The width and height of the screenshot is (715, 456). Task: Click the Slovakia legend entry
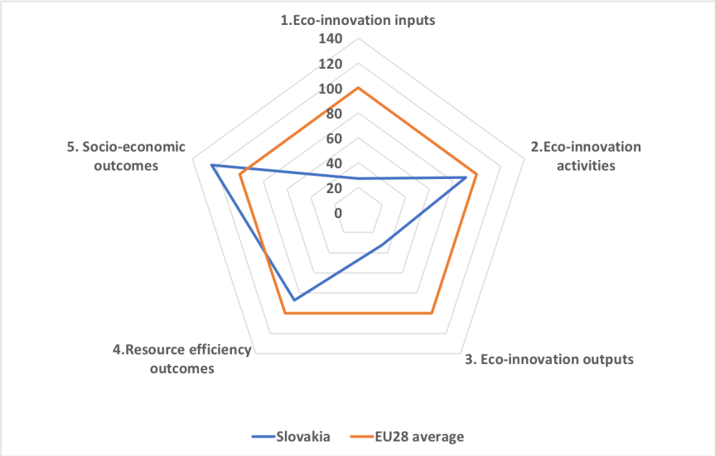point(304,436)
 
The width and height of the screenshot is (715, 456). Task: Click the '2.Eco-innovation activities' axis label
point(586,156)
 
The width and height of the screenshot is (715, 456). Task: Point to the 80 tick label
point(333,114)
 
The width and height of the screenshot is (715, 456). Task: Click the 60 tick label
point(333,138)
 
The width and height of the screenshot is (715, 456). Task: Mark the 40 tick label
point(333,163)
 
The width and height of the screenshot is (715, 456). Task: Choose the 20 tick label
point(333,188)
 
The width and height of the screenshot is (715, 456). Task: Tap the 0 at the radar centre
point(338,213)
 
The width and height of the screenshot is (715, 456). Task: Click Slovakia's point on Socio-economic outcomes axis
point(212,166)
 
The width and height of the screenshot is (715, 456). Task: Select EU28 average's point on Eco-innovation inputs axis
point(358,88)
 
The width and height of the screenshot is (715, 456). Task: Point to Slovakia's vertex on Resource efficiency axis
point(294,299)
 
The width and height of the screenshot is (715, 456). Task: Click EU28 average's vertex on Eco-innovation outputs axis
point(431,313)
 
